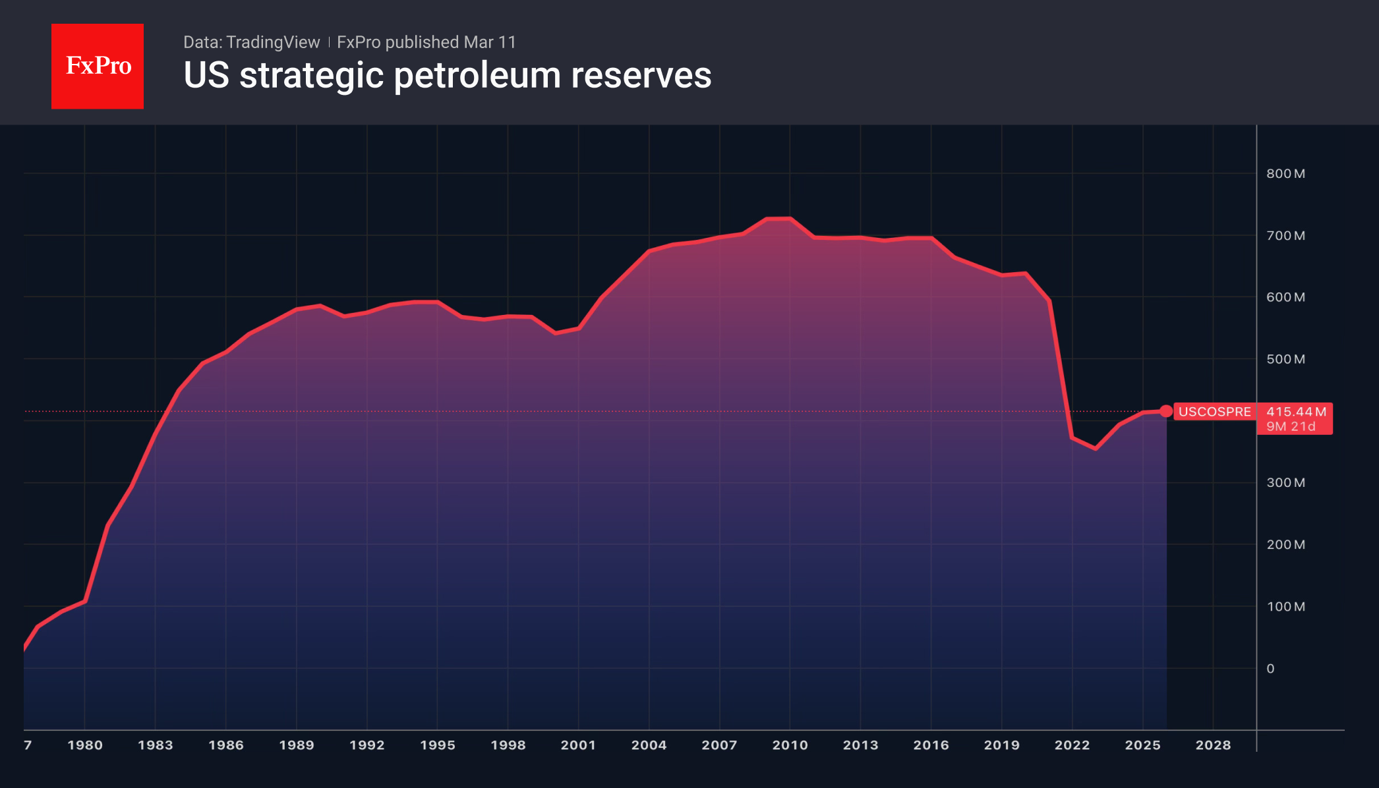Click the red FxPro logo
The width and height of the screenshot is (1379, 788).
point(98,66)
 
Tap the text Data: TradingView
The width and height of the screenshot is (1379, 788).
point(251,42)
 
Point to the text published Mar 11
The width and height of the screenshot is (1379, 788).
point(450,42)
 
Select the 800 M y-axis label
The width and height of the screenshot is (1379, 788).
point(1285,174)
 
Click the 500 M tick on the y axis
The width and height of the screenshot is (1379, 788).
point(1285,360)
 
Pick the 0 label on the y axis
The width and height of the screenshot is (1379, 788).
point(1270,669)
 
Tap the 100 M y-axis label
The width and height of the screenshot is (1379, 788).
point(1285,607)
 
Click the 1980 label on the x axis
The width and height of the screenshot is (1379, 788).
point(85,745)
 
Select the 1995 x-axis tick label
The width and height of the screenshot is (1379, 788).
point(438,745)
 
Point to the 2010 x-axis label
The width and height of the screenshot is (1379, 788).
point(790,745)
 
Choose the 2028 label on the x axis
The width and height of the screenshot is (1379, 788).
point(1213,745)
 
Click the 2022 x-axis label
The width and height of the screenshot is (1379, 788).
point(1072,745)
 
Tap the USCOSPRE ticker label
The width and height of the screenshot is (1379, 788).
point(1214,412)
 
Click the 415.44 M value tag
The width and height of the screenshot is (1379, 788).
point(1296,412)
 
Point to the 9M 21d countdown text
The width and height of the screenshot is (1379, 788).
point(1291,427)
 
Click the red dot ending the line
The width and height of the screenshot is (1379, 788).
point(1166,411)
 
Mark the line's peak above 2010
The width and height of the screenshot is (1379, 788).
point(778,218)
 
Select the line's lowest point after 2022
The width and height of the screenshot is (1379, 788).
point(1096,449)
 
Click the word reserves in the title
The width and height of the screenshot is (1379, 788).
point(641,76)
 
